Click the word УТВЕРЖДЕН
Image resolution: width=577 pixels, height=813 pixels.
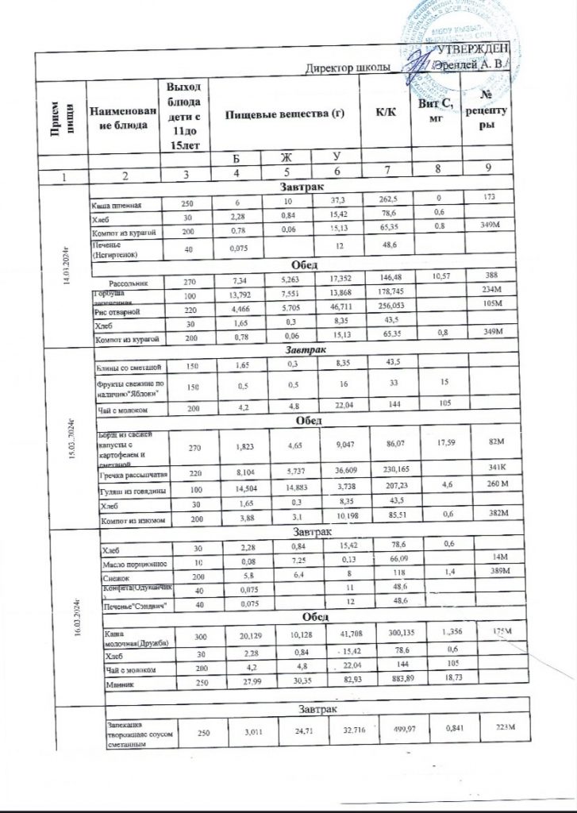coord(474,52)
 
